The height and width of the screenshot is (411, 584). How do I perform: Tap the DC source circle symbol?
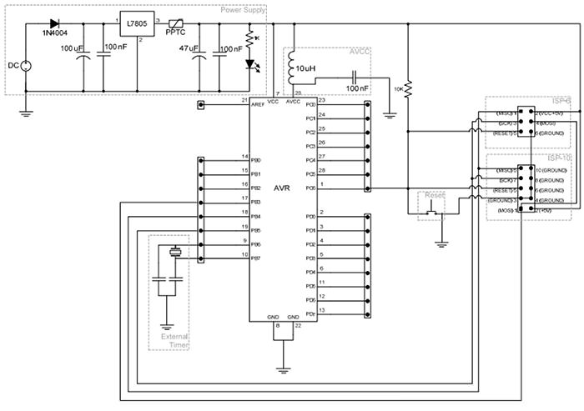pyautogui.click(x=25, y=66)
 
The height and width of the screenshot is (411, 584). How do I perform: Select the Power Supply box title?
pyautogui.click(x=243, y=10)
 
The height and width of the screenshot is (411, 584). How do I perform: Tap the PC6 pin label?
pyautogui.click(x=310, y=188)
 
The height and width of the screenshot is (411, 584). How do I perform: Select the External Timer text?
pyautogui.click(x=169, y=342)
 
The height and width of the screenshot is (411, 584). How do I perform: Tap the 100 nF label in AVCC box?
pyautogui.click(x=358, y=87)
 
